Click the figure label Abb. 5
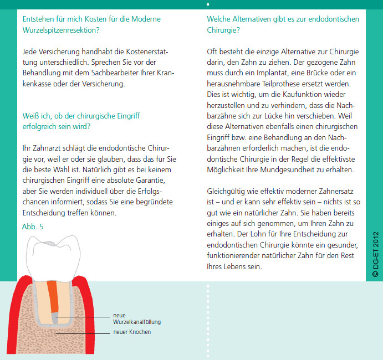pos(32,227)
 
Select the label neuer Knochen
pos(131,332)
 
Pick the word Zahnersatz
pos(330,191)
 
